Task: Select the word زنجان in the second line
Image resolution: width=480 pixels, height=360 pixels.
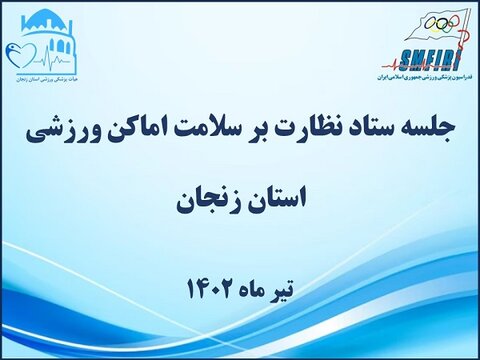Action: pyautogui.click(x=204, y=200)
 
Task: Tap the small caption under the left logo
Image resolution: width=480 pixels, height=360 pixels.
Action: pyautogui.click(x=46, y=78)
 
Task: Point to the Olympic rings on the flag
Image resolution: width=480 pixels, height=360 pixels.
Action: pyautogui.click(x=436, y=21)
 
